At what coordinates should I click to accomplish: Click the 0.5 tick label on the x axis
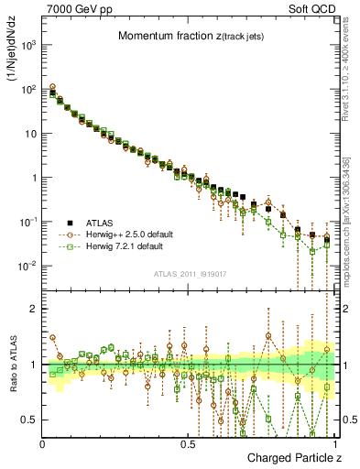(189, 444)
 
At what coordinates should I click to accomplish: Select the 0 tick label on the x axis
(43, 444)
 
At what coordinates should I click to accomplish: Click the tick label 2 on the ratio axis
(35, 309)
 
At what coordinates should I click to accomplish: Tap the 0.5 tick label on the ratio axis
(31, 420)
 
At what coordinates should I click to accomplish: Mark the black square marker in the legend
(72, 222)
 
